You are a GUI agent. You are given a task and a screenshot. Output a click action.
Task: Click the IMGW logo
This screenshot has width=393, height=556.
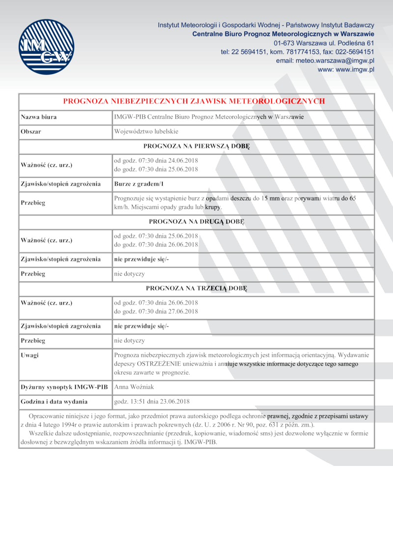pos(46,47)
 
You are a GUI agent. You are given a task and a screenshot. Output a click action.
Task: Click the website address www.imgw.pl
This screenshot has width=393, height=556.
pos(354,69)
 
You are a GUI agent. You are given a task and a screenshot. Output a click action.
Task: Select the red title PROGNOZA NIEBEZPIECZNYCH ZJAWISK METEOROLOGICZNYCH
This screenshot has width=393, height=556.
pos(194,101)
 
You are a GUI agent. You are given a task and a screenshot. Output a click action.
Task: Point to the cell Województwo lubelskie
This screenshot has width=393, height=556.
pos(146,132)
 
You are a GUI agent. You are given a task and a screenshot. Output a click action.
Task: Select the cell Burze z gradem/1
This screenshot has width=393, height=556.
pos(138,184)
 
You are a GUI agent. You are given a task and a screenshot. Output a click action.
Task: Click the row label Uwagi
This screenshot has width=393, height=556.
pos(30,355)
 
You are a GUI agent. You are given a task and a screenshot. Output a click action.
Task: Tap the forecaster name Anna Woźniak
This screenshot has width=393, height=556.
pos(134,387)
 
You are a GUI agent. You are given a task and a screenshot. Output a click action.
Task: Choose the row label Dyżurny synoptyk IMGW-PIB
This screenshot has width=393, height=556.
pos(64,387)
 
